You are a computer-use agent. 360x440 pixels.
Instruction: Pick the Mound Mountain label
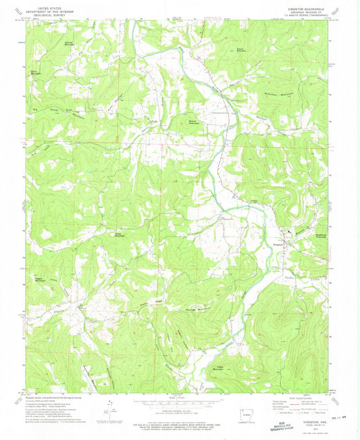[x=194, y=123]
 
